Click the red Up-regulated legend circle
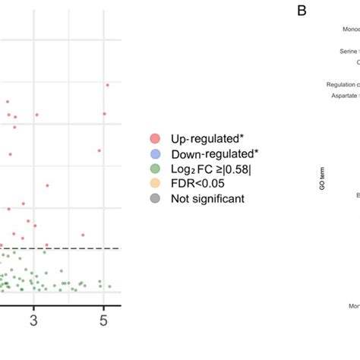[x=155, y=138]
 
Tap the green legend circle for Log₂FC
[x=155, y=169]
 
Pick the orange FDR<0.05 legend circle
[x=155, y=184]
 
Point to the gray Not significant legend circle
[x=155, y=199]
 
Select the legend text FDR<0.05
[x=197, y=184]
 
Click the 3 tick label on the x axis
[x=33, y=321]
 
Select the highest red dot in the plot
[x=108, y=84]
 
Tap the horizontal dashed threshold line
[x=61, y=248]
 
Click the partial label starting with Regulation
[x=343, y=85]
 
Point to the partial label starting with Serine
[x=349, y=52]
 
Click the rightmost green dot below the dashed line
[x=110, y=287]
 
